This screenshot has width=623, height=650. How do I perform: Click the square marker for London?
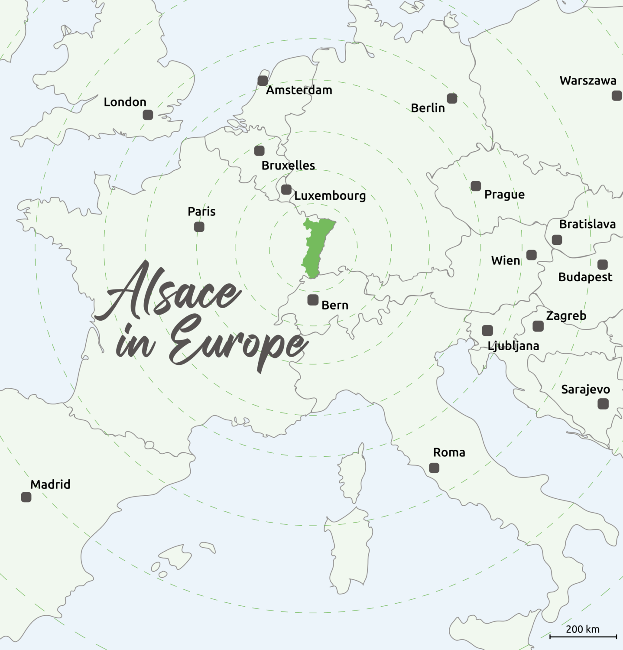coord(148,115)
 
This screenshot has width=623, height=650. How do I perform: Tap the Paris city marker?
coord(199,227)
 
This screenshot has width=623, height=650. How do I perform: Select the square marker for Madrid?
coord(26,497)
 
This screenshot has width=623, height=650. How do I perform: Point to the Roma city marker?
coord(434,468)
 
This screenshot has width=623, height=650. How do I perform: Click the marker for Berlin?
coord(452,98)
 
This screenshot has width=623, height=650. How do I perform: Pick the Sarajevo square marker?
coord(603,404)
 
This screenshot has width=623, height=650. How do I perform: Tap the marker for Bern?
coord(312,300)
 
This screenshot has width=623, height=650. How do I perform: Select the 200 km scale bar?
coord(583,637)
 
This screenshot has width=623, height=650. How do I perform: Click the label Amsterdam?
coord(299,90)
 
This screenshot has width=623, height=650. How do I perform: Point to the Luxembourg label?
coord(330,196)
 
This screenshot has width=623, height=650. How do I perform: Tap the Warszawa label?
coord(588,81)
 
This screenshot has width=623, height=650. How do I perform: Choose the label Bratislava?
coord(587,224)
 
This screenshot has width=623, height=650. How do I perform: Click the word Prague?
coord(504,195)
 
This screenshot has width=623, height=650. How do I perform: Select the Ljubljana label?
coord(513,346)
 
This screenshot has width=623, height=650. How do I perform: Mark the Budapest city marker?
coord(602,264)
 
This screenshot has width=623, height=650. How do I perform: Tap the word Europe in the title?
coord(238,344)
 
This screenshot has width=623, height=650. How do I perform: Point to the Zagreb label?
coord(566,316)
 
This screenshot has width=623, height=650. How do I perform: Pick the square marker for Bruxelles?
coord(259,150)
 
